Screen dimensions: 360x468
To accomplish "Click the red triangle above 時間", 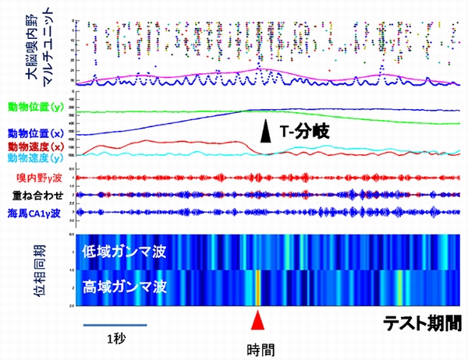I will (257, 320).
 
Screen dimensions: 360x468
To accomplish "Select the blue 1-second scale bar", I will (114, 320).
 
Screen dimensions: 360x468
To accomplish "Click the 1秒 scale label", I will (114, 337).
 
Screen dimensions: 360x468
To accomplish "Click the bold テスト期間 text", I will (420, 322).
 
